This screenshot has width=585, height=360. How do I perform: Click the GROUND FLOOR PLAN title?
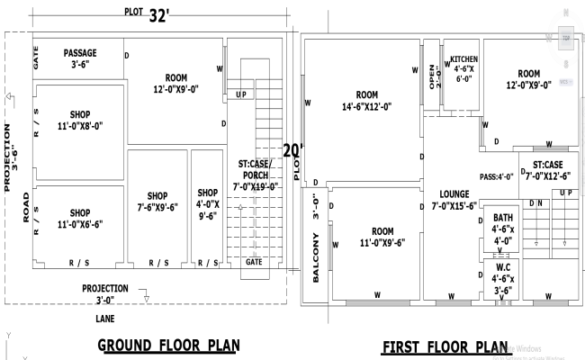coord(167,346)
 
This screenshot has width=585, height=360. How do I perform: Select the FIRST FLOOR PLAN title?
coord(445,347)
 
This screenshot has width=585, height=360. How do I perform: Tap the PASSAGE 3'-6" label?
coord(79,59)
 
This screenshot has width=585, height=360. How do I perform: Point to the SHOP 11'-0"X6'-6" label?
coord(79,218)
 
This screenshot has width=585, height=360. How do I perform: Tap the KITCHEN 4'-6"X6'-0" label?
coord(463,67)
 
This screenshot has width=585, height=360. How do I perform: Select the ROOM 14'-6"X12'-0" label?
coord(366,100)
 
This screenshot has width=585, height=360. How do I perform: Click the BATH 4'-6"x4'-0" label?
coord(502,229)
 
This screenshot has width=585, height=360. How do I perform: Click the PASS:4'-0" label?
coord(497,176)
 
